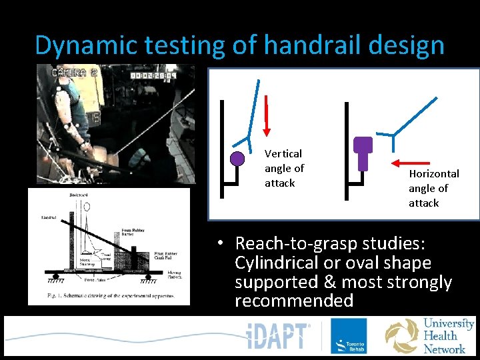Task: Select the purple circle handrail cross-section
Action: (x=237, y=159)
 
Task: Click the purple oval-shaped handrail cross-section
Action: (x=363, y=152)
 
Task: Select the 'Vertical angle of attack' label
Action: (x=284, y=168)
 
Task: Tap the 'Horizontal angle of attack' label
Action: (x=433, y=188)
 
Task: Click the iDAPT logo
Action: (x=279, y=337)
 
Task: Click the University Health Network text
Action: (x=449, y=336)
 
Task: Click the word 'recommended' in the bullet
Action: (x=294, y=301)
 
